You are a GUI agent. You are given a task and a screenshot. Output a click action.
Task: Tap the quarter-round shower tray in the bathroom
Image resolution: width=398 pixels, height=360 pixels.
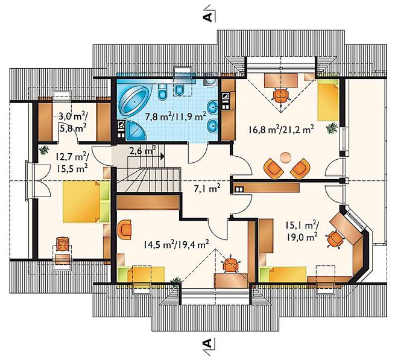tap(136, 130)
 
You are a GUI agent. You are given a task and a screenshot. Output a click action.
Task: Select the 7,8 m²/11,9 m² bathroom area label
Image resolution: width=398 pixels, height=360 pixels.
tap(175, 116)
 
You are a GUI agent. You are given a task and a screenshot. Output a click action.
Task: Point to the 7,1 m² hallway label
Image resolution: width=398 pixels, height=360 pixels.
tap(206, 189)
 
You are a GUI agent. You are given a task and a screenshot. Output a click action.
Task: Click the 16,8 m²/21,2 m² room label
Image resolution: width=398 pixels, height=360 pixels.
tap(281, 130)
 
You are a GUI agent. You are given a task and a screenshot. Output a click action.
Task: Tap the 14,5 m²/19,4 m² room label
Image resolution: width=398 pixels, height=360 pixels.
tap(176, 244)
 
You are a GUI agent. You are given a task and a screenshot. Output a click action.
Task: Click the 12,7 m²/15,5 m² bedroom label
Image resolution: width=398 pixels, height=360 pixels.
tap(72, 162)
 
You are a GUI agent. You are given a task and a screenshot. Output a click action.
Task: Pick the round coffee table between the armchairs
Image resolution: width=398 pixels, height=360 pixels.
tap(286, 157)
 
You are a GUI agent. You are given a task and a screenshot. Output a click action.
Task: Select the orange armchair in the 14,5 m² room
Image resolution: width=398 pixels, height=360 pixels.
tap(125, 229)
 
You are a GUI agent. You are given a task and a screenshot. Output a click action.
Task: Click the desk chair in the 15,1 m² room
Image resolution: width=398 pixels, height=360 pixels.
tap(335, 239)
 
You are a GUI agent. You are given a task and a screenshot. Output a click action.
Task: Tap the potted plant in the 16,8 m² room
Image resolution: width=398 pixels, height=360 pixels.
tap(332, 128)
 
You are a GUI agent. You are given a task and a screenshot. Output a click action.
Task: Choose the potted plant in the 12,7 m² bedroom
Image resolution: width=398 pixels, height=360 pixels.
tap(44, 150)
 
